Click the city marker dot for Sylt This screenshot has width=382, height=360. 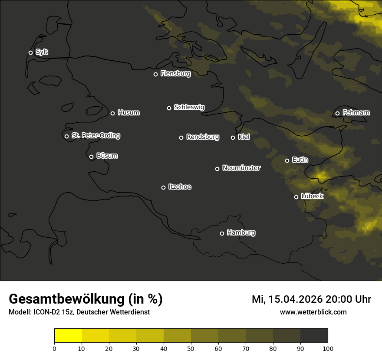[30, 53]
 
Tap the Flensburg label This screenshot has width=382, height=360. [175, 74]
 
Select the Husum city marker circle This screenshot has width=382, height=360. [112, 113]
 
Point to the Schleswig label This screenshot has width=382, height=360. [189, 107]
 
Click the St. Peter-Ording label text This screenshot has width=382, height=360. [95, 136]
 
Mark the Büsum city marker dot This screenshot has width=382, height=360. [91, 157]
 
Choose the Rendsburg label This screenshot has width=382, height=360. [202, 137]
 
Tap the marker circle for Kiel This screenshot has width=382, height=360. [233, 137]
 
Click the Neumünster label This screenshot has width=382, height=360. [241, 168]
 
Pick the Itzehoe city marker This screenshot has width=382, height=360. [163, 187]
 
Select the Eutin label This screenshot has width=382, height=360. [300, 160]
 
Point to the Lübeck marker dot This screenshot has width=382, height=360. [296, 197]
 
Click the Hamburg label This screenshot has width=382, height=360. [241, 233]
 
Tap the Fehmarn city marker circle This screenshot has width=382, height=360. [337, 114]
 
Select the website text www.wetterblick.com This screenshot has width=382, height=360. [313, 312]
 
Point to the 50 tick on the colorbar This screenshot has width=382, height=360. [191, 348]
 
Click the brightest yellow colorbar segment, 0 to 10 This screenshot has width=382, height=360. [68, 335]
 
